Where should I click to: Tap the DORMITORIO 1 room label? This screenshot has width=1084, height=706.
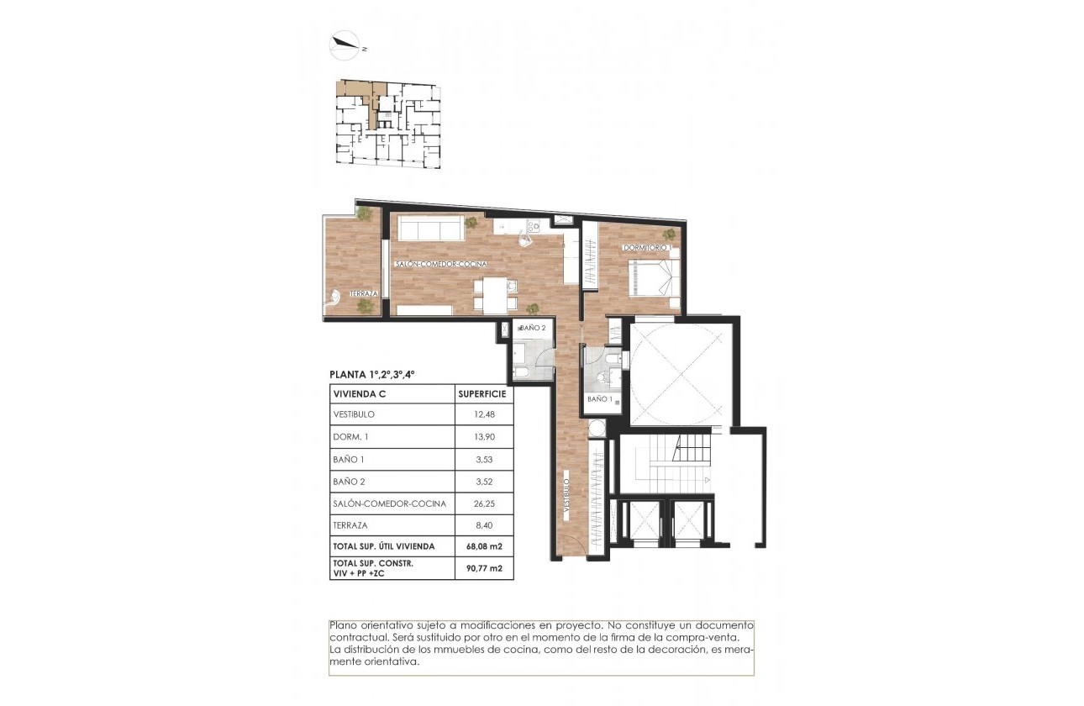(x=645, y=248)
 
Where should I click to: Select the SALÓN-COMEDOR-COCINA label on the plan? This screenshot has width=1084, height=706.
(x=441, y=265)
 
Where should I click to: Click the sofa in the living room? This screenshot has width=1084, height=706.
(x=430, y=227)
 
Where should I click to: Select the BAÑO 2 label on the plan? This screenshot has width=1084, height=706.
(x=533, y=327)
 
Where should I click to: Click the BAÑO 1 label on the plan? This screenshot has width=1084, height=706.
(x=598, y=399)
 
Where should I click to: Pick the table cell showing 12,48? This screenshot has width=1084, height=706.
(x=482, y=415)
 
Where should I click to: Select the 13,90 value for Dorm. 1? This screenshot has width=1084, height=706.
(x=482, y=437)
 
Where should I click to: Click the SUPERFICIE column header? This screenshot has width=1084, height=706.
(x=482, y=393)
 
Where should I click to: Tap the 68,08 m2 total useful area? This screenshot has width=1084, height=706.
(x=482, y=546)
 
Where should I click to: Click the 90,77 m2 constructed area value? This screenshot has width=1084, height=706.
(x=482, y=568)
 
